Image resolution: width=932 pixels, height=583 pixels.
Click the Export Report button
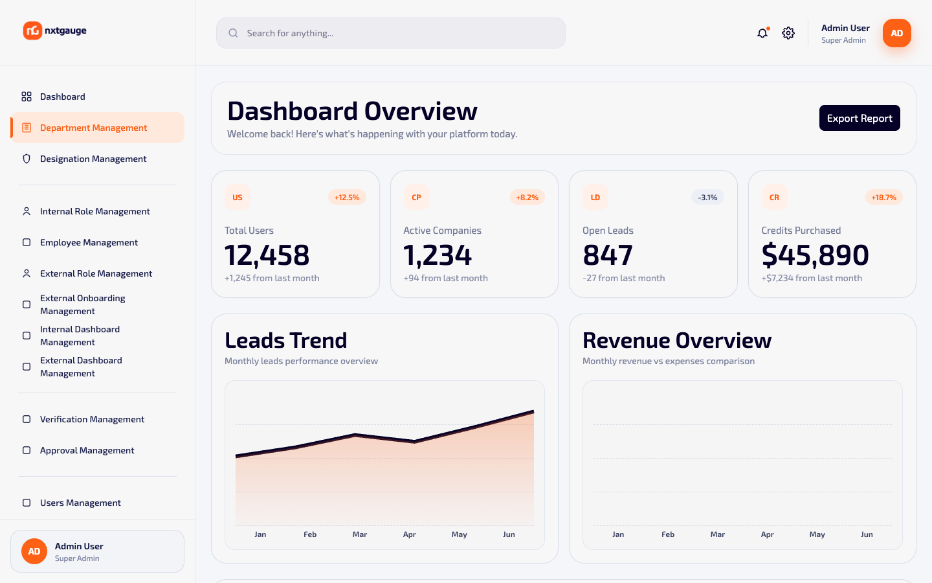(x=860, y=118)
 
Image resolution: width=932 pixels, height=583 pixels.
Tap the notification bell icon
(x=762, y=33)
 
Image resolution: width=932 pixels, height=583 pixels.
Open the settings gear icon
(x=788, y=33)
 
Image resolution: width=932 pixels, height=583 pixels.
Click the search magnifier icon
(x=233, y=33)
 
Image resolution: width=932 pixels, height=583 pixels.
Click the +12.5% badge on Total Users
(x=347, y=198)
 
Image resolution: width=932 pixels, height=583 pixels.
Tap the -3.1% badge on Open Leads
(x=707, y=198)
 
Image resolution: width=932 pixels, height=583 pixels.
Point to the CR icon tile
(x=774, y=198)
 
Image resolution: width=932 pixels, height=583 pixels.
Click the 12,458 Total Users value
(x=267, y=255)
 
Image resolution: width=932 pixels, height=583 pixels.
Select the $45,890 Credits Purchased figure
(x=815, y=255)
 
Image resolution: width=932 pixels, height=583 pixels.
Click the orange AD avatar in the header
(x=896, y=33)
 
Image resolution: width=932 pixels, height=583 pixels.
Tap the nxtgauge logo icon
(x=32, y=30)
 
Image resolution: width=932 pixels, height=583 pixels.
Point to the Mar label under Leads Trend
(x=359, y=534)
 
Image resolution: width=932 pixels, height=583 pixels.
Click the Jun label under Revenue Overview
(x=867, y=534)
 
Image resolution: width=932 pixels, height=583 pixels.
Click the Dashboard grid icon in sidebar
(x=27, y=97)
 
